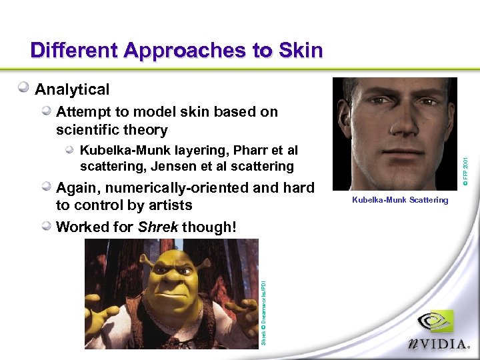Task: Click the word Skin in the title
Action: pos(298,51)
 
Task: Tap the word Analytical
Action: pos(72,89)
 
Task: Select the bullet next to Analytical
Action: pos(24,88)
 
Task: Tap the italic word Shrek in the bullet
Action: pos(158,227)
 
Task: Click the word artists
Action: pos(169,205)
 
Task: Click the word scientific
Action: pos(91,130)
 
